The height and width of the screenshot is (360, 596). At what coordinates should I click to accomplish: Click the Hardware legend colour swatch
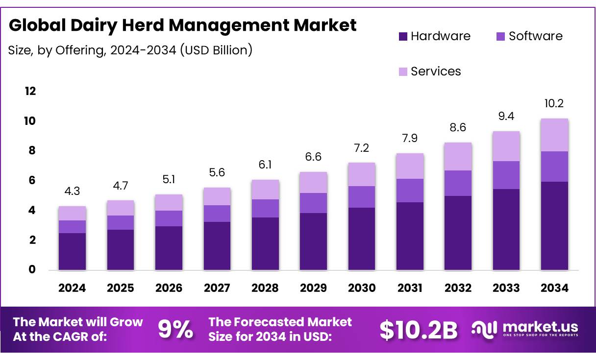[403, 36]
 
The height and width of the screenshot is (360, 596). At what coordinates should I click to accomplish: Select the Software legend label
[535, 36]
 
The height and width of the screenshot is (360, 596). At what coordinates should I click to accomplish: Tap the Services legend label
[436, 72]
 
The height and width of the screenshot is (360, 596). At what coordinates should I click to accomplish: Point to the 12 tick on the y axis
[30, 91]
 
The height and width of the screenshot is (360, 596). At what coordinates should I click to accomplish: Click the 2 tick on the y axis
[32, 240]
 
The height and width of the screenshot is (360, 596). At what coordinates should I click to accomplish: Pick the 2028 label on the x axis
[265, 288]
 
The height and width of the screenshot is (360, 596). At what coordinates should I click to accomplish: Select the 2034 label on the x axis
[554, 288]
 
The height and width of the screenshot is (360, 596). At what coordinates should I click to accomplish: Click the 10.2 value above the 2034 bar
[554, 104]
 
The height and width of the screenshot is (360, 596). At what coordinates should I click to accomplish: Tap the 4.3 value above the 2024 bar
[72, 192]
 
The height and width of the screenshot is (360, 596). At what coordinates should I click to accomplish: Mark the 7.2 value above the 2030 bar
[361, 148]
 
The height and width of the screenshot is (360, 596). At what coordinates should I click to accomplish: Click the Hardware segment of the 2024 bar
[72, 251]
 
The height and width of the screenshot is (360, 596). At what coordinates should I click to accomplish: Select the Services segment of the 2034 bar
[554, 135]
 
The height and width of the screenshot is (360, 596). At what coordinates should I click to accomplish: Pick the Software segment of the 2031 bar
[409, 191]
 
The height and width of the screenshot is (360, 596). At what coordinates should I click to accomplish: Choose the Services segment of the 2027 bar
[217, 196]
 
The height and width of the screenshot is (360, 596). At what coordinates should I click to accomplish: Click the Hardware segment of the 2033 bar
[506, 229]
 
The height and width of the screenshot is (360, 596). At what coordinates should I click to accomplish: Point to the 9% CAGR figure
[175, 330]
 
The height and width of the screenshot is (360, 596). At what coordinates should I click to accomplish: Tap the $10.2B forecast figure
[419, 330]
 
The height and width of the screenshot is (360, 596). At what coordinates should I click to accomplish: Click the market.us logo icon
[484, 329]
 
